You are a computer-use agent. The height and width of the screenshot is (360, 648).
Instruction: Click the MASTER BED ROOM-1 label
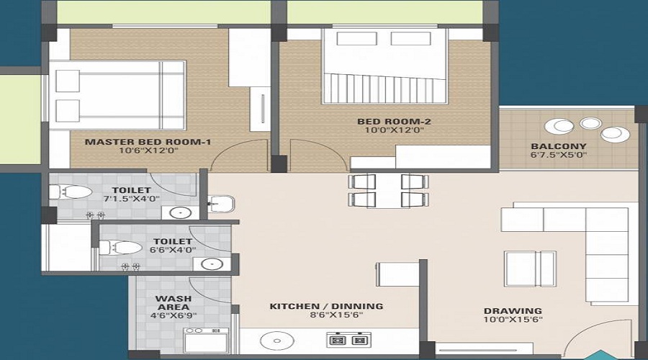tap(148, 142)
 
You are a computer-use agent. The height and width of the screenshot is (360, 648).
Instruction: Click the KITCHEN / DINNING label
tap(326, 306)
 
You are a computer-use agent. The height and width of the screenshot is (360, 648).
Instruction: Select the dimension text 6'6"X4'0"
tap(172, 251)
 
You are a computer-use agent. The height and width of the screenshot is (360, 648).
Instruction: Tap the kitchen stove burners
tap(348, 338)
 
